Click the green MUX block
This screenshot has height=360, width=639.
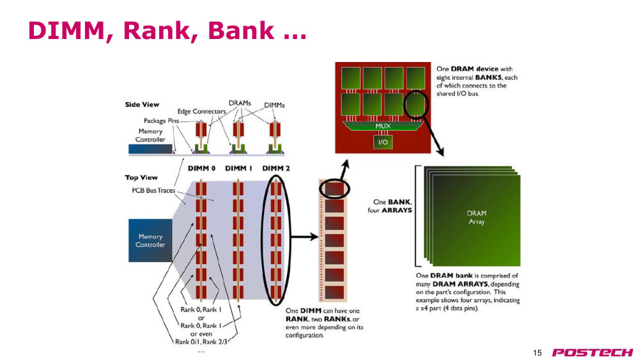pyautogui.click(x=383, y=126)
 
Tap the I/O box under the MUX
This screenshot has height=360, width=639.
pyautogui.click(x=383, y=142)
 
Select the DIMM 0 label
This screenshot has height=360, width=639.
pyautogui.click(x=201, y=168)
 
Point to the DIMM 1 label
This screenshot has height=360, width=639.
pyautogui.click(x=239, y=168)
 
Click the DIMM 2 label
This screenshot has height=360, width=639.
pyautogui.click(x=276, y=168)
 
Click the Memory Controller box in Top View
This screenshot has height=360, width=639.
pyautogui.click(x=150, y=240)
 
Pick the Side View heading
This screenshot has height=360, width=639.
pyautogui.click(x=142, y=105)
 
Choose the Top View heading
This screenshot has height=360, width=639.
pyautogui.click(x=141, y=178)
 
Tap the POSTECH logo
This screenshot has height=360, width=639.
pyautogui.click(x=592, y=352)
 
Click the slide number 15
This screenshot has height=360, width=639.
pyautogui.click(x=537, y=353)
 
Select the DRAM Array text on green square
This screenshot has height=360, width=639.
pyautogui.click(x=477, y=217)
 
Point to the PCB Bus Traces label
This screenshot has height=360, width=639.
pyautogui.click(x=153, y=191)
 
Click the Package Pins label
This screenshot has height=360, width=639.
pyautogui.click(x=161, y=121)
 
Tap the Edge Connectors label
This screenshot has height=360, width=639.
pyautogui.click(x=201, y=111)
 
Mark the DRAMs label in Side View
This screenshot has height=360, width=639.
pyautogui.click(x=240, y=103)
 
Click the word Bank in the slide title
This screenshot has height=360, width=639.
pyautogui.click(x=241, y=31)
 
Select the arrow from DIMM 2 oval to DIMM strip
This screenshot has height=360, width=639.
pyautogui.click(x=304, y=237)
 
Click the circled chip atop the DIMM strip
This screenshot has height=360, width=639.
pyautogui.click(x=334, y=189)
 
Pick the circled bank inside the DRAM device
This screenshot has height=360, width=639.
pyautogui.click(x=416, y=104)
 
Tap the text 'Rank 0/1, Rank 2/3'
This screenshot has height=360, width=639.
pyautogui.click(x=201, y=341)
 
